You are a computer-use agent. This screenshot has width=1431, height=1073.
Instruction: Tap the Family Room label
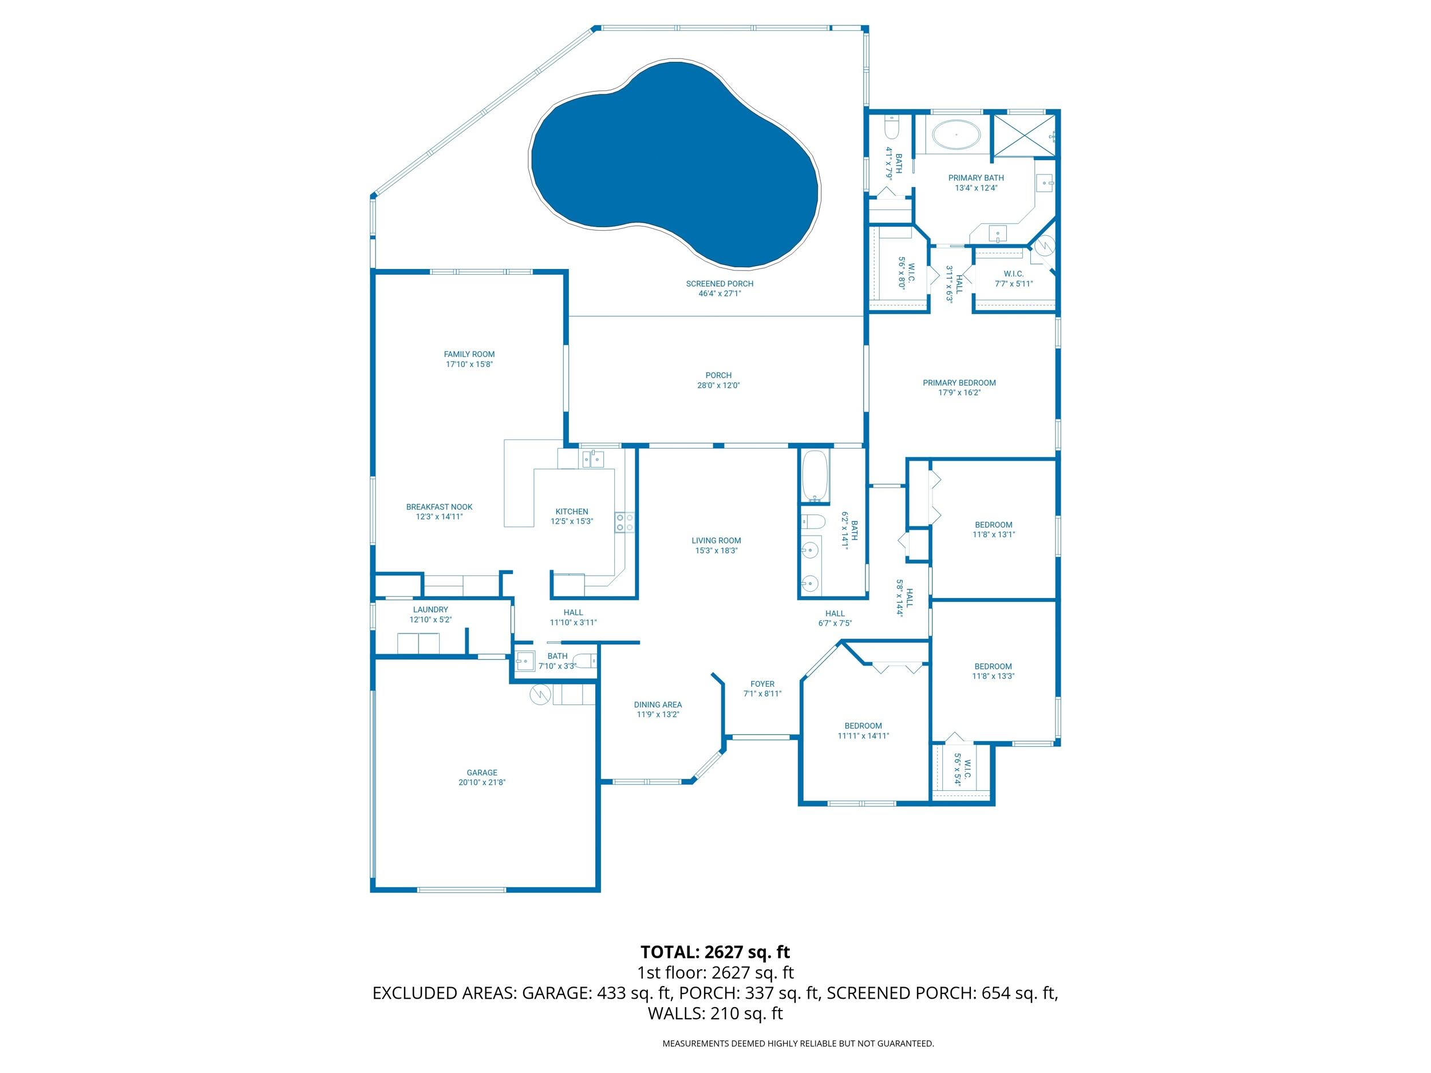tap(469, 354)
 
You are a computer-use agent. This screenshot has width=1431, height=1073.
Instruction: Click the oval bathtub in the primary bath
tap(955, 135)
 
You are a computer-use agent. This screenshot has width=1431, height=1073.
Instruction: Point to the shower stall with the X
tap(1023, 136)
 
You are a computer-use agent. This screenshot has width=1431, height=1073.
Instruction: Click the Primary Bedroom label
tap(959, 383)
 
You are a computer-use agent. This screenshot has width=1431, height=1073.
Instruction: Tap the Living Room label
tap(716, 541)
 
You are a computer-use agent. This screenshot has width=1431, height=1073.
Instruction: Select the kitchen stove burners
tap(625, 522)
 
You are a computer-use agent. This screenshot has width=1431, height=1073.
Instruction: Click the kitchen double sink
tap(592, 459)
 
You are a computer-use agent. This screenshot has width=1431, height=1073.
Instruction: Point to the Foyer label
tap(762, 684)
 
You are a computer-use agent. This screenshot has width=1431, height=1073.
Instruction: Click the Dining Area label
tap(657, 705)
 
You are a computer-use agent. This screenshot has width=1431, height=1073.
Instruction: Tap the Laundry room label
tap(430, 610)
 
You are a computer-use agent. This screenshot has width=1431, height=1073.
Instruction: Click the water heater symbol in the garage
tap(540, 695)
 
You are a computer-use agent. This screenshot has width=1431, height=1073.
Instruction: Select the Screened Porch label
tap(720, 284)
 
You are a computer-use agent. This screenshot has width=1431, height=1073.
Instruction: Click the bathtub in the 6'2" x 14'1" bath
tap(815, 476)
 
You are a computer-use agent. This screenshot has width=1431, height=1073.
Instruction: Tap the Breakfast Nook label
tap(439, 507)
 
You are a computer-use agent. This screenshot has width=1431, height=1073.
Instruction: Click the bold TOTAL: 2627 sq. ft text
tap(715, 952)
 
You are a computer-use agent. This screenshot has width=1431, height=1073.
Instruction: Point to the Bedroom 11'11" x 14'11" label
tap(863, 726)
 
